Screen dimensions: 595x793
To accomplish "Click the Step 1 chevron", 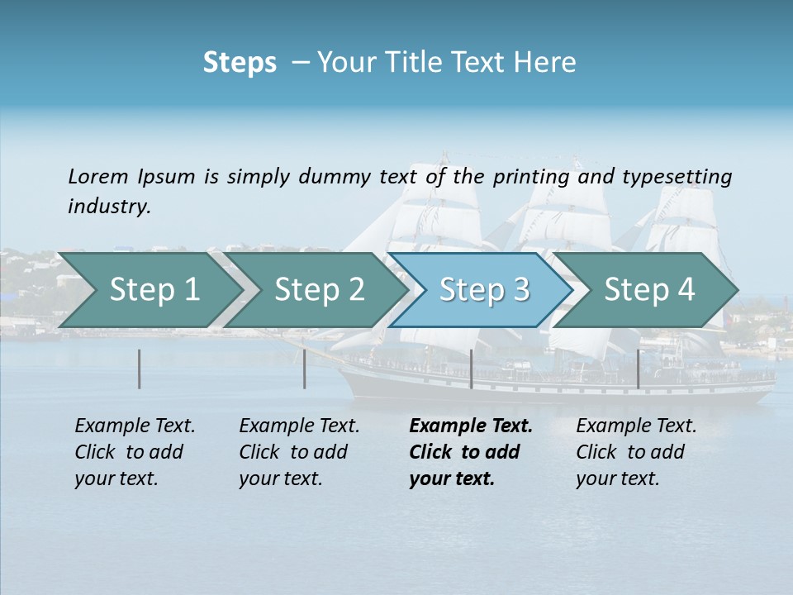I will [154, 290].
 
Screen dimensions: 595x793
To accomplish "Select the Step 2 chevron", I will [319, 290].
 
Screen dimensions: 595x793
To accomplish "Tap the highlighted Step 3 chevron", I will [484, 290].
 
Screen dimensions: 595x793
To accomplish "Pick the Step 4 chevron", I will [649, 290].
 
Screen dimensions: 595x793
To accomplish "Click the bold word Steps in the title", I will [240, 62].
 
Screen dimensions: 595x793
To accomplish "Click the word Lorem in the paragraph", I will [98, 176].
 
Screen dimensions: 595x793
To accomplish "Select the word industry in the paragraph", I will [109, 206].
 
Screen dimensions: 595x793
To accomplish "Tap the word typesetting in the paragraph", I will [677, 176].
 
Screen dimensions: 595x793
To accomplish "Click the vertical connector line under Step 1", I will [140, 369].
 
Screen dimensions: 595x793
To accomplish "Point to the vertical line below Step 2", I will [305, 369].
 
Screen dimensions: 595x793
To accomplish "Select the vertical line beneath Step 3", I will [471, 369].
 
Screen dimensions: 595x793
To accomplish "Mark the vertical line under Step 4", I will [638, 369].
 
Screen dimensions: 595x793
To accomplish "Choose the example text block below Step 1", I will [135, 452].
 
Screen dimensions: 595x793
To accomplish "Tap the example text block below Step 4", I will [636, 452].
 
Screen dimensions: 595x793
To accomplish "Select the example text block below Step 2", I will [299, 452].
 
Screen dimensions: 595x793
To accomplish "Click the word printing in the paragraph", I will [529, 176].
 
